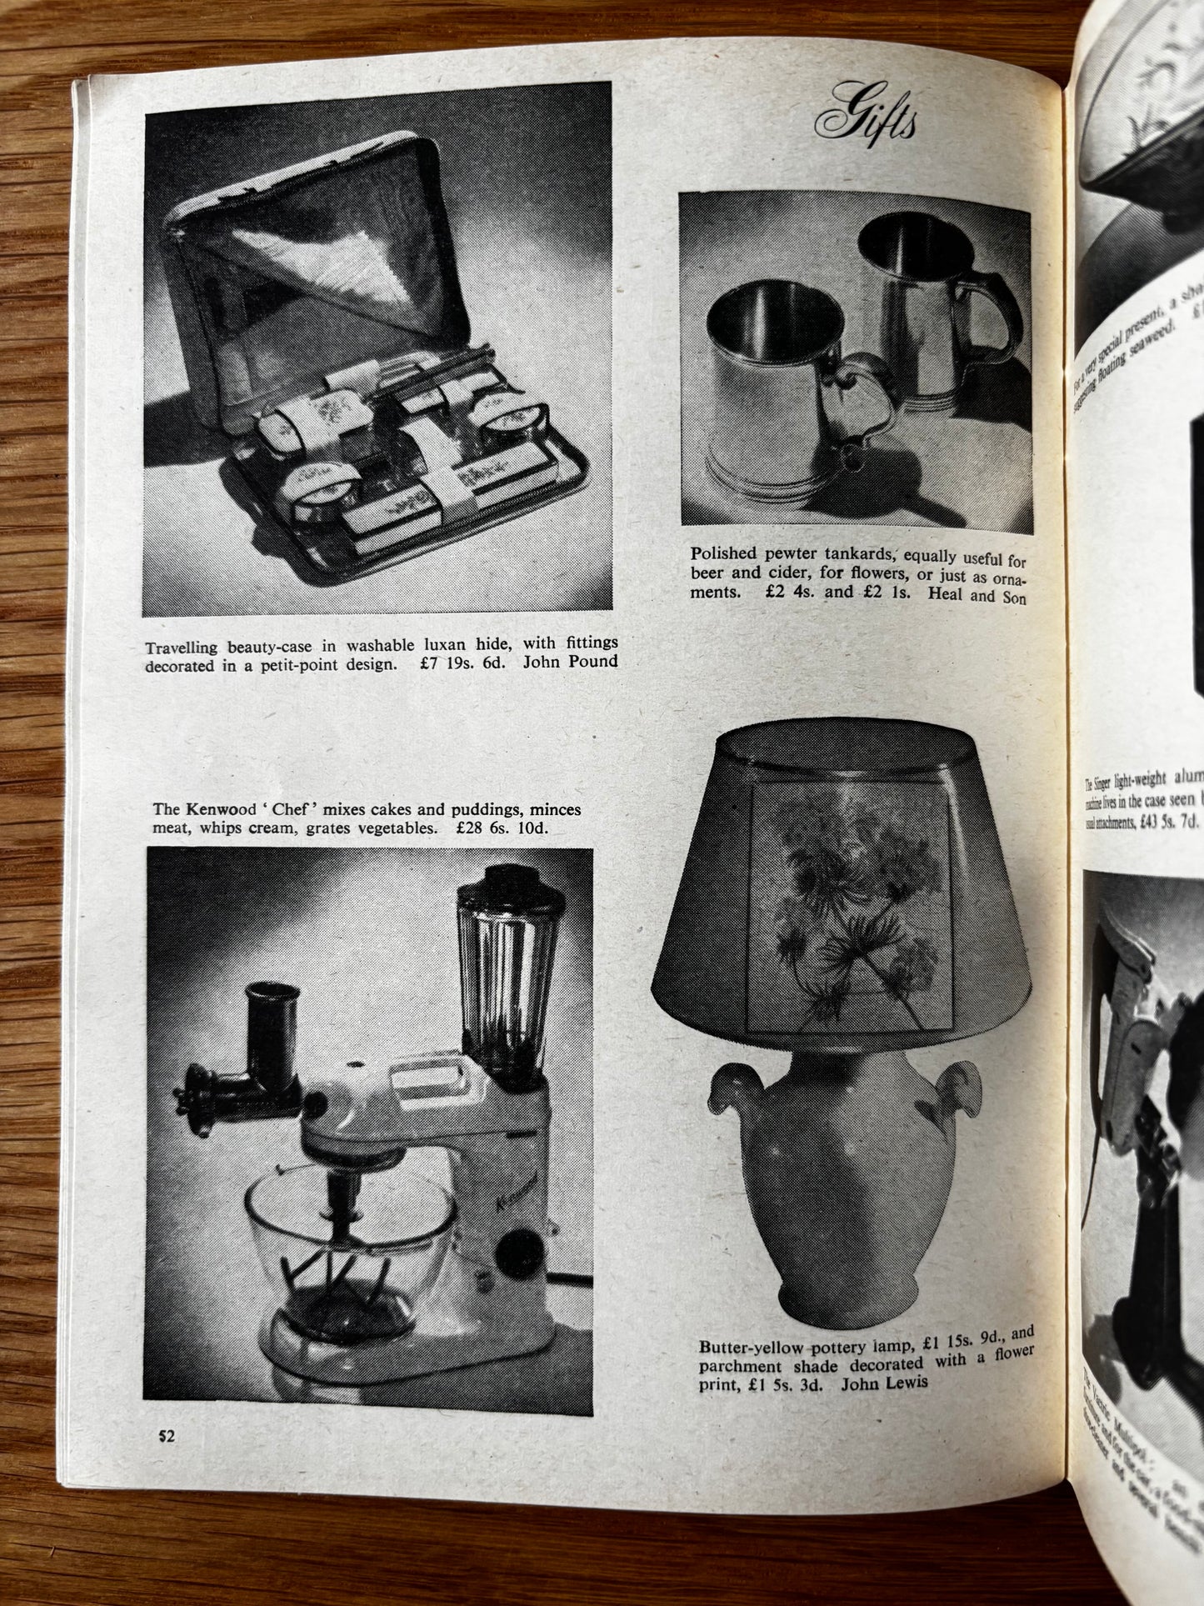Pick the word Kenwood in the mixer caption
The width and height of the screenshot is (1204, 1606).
point(219,809)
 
